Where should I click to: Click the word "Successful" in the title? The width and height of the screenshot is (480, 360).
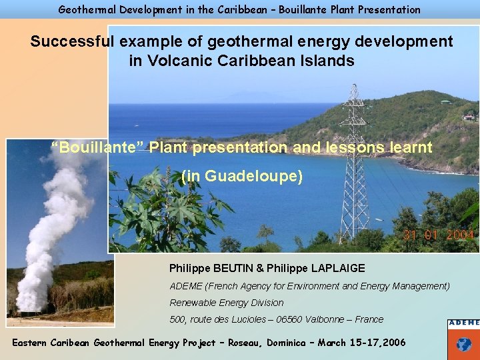coord(73,41)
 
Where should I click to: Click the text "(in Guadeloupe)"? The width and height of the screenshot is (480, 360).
coord(242,177)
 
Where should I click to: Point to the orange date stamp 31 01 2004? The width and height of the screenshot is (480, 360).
coord(438,235)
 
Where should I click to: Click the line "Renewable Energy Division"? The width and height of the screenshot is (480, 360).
coord(227,303)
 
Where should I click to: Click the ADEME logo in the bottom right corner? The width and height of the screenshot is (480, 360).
coord(463,339)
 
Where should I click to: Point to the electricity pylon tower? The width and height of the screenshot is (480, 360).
coord(355,167)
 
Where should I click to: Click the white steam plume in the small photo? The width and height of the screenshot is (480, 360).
coord(50,220)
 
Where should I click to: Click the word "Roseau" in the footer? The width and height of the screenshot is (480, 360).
coord(243,343)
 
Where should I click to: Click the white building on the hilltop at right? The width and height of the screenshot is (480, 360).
coord(470,116)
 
